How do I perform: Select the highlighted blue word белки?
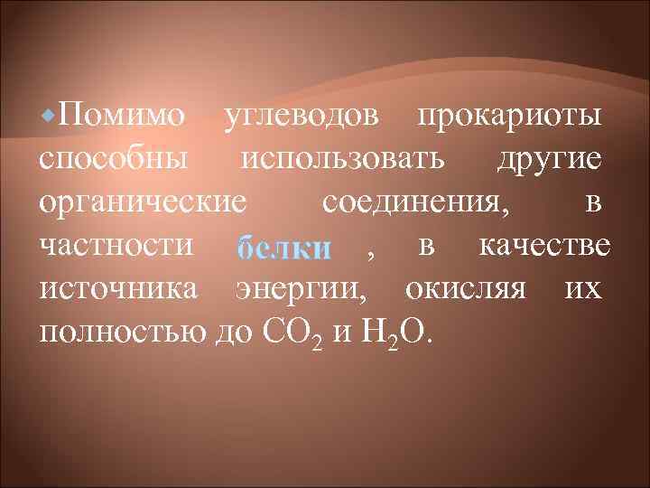(x=283, y=247)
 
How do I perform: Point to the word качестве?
(x=546, y=245)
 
